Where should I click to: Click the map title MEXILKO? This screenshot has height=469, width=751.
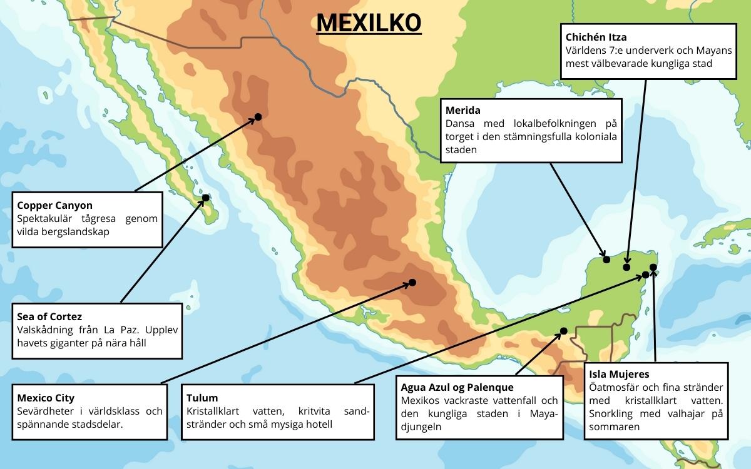coord(369,23)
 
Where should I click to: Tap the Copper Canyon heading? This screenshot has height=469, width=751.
coord(54,205)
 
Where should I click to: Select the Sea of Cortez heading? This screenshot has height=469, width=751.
coord(49,316)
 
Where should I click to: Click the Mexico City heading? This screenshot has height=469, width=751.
coord(46,398)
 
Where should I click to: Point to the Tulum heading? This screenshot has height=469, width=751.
coord(202,398)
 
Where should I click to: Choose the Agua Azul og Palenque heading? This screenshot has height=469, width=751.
coord(457,388)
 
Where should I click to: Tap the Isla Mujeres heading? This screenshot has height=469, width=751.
coord(619,375)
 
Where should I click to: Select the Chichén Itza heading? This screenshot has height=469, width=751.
coord(596,38)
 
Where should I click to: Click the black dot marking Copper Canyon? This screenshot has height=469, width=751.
coord(258,117)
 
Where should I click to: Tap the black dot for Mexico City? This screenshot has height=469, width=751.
coord(412,283)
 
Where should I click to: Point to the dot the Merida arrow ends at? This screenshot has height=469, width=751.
coord(606,260)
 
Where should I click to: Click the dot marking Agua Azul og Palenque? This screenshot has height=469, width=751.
coord(563,331)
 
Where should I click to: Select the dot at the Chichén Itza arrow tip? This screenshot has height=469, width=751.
coord(626,267)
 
